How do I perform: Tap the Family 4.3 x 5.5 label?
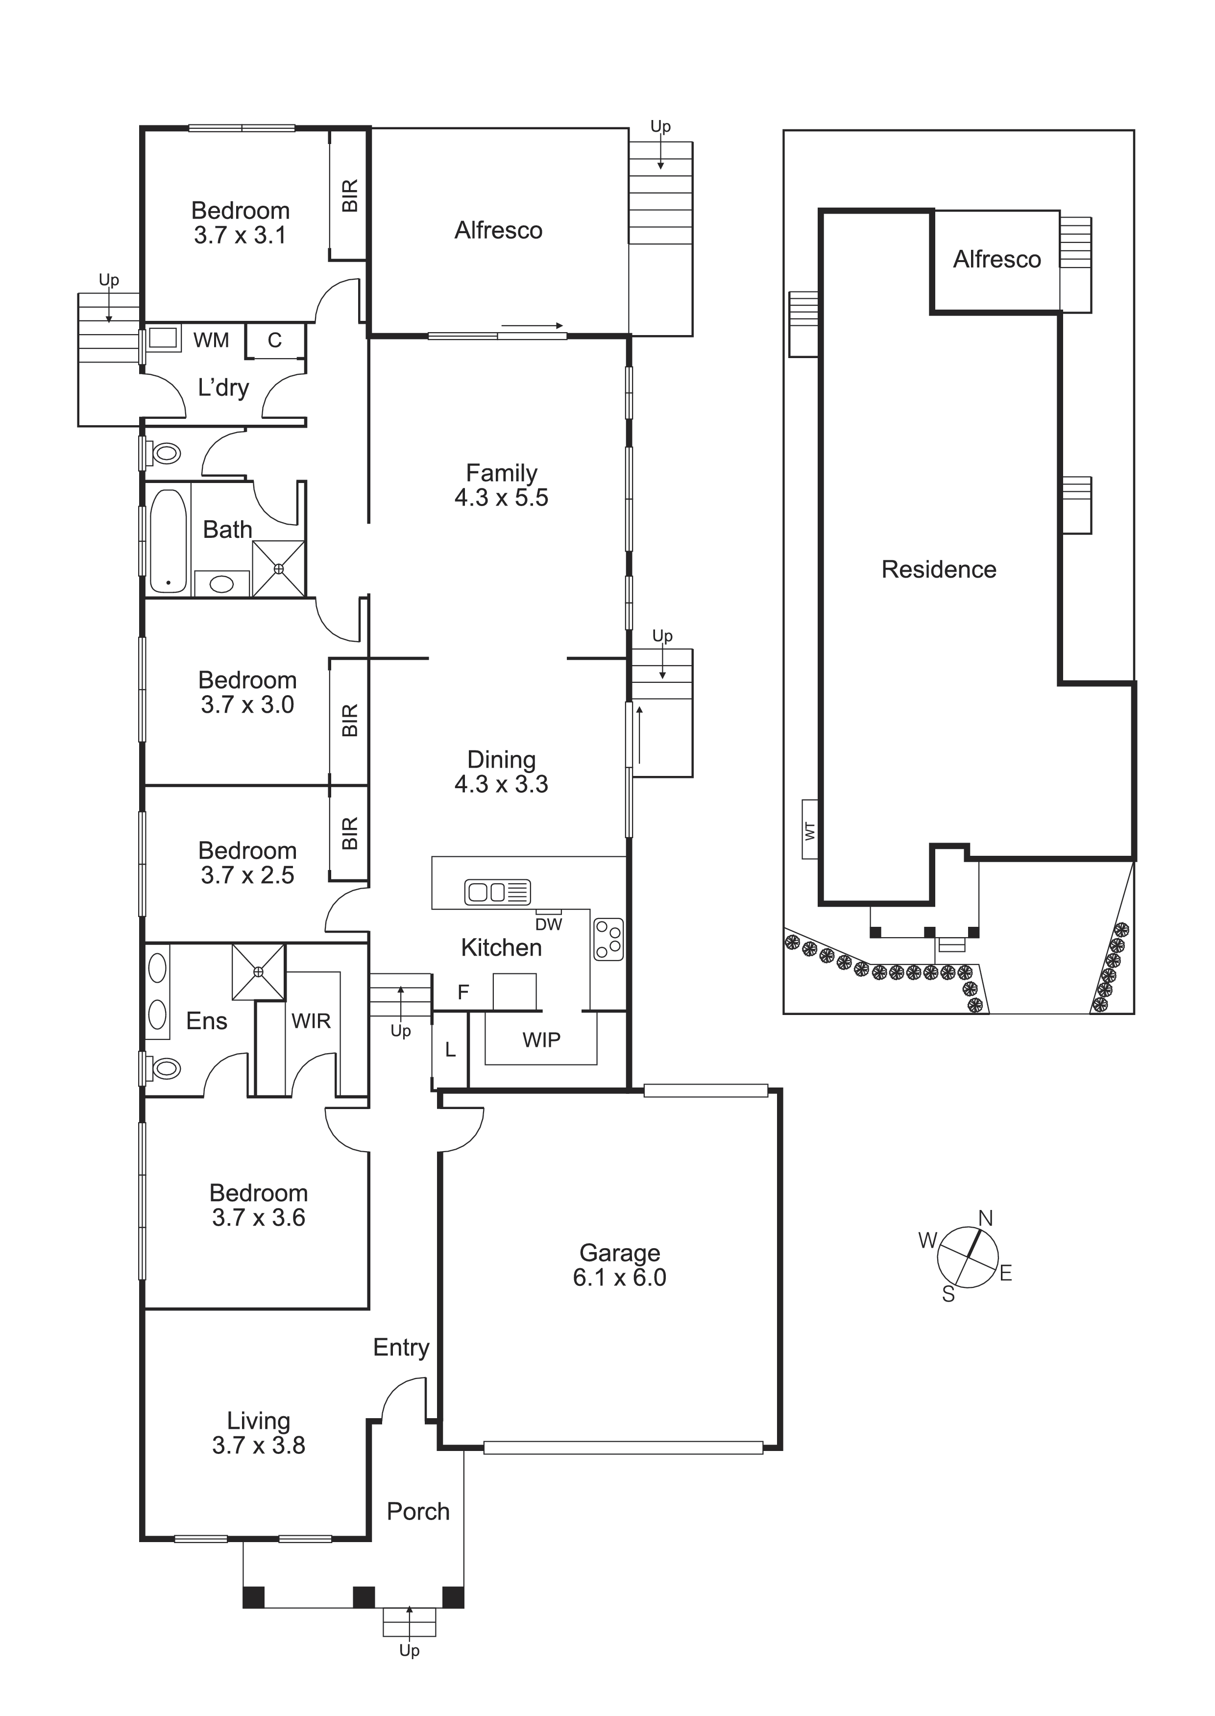coord(501,485)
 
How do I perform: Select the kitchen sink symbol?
coord(498,892)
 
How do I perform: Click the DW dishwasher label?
coord(548,924)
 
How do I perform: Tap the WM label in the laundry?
coord(211,340)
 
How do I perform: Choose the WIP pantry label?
coord(542,1040)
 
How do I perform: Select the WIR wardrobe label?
coord(311,1020)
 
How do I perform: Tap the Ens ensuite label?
coord(206,1021)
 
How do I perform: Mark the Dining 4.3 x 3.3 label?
coord(501,772)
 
